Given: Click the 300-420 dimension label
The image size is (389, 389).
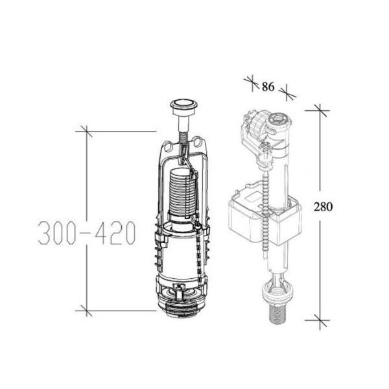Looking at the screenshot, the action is click(87, 233).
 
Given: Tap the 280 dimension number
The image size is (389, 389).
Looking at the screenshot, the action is click(323, 206).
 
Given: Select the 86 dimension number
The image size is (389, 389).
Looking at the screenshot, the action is click(268, 87).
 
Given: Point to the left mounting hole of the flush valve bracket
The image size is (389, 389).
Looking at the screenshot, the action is click(168, 146).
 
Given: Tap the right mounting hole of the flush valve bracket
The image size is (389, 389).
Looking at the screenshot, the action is click(198, 141).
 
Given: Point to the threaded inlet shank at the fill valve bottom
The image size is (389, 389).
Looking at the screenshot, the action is click(278, 314).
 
